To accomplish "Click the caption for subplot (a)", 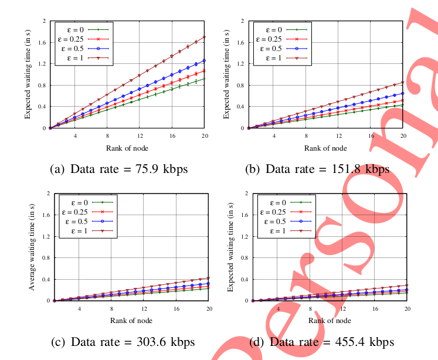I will tap(120, 169).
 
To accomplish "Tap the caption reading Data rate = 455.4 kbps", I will tap(321, 342).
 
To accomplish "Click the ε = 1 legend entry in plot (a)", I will tap(82, 58).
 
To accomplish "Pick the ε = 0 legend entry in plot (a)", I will tap(82, 28).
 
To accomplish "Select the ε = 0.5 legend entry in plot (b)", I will tap(280, 48).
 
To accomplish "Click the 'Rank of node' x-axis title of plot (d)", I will tap(330, 320).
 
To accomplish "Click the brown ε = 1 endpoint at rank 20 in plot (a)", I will tap(203, 37).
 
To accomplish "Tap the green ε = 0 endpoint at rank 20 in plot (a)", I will tap(203, 79).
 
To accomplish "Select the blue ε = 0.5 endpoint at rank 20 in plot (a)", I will tap(203, 60).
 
